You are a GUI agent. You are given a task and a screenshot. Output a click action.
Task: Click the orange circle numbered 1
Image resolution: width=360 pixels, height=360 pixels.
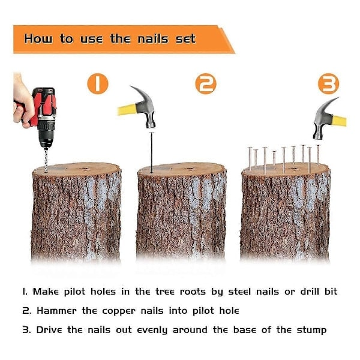(98, 83)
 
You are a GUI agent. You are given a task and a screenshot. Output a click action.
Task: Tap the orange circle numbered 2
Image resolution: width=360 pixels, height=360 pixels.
(206, 84)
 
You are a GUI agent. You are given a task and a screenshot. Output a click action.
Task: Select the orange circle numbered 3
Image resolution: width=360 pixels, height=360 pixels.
(329, 83)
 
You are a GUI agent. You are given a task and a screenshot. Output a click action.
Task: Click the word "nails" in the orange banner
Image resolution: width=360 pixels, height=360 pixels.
(153, 39)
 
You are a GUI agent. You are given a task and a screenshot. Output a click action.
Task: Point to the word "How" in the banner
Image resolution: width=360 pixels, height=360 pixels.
(38, 38)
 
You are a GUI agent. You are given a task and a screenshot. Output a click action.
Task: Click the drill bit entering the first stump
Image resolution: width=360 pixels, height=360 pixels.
(46, 160)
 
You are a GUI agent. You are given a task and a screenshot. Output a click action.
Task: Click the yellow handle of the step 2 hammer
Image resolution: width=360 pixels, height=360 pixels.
(127, 110)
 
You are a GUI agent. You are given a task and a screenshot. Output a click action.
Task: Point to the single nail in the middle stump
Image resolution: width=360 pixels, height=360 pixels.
(151, 152)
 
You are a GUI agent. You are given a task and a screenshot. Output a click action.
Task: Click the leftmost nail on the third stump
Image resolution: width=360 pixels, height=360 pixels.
(250, 158)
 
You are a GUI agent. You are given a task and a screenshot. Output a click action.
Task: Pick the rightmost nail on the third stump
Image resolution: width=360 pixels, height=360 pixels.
(318, 155)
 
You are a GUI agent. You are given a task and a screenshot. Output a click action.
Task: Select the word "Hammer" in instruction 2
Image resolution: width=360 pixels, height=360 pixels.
(56, 311)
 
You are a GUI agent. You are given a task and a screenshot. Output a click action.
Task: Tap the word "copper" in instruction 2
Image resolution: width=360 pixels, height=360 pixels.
(119, 311)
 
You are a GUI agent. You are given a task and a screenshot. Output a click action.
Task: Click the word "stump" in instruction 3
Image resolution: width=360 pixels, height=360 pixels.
(311, 331)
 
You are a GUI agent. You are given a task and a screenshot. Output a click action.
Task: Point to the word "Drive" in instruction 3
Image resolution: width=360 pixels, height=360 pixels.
(49, 330)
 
